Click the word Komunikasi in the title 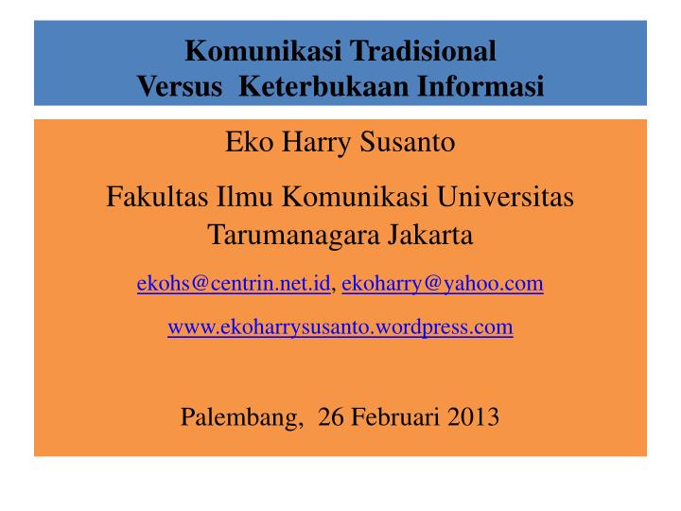point(263,51)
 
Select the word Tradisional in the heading point(423,51)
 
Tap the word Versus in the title point(180,86)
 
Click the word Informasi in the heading point(480,86)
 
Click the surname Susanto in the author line point(408,142)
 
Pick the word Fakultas point(157,197)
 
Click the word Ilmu point(245,197)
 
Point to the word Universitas point(505,197)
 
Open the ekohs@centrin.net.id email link point(234,283)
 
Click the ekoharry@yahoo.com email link point(443,284)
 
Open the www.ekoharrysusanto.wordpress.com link point(340,327)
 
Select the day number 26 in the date point(331,416)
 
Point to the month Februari point(395,416)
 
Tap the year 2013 point(473,416)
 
